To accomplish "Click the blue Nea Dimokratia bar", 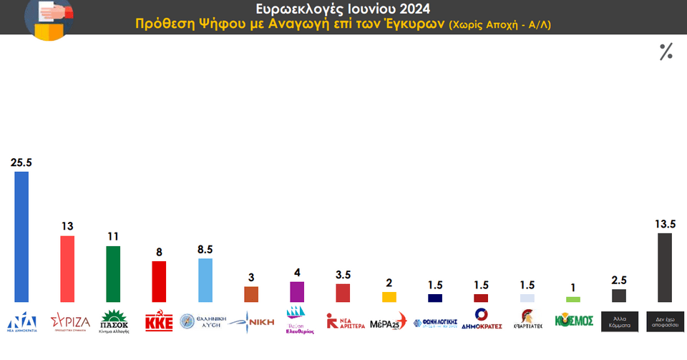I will point(21,237).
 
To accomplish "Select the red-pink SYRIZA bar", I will point(67,269).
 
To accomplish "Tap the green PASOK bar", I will point(113,274).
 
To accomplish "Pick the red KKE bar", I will point(159,282).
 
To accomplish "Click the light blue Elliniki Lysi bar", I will point(205,281).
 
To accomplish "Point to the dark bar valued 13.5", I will point(664,268).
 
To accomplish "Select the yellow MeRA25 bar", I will point(389,297).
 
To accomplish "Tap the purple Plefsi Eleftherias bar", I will point(297,292).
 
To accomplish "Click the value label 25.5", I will point(21,162).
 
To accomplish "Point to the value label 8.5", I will point(205,249).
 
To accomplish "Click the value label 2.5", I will point(619,280).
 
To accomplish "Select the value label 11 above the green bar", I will point(113,236).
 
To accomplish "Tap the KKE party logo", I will point(159,320).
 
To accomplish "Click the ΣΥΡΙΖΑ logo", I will point(70,321).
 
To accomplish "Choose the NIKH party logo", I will point(251,320).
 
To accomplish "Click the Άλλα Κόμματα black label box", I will point(618,320).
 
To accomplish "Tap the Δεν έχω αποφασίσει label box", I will point(664,320).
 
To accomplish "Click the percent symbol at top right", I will point(666,52).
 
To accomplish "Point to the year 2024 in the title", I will point(411,9).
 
